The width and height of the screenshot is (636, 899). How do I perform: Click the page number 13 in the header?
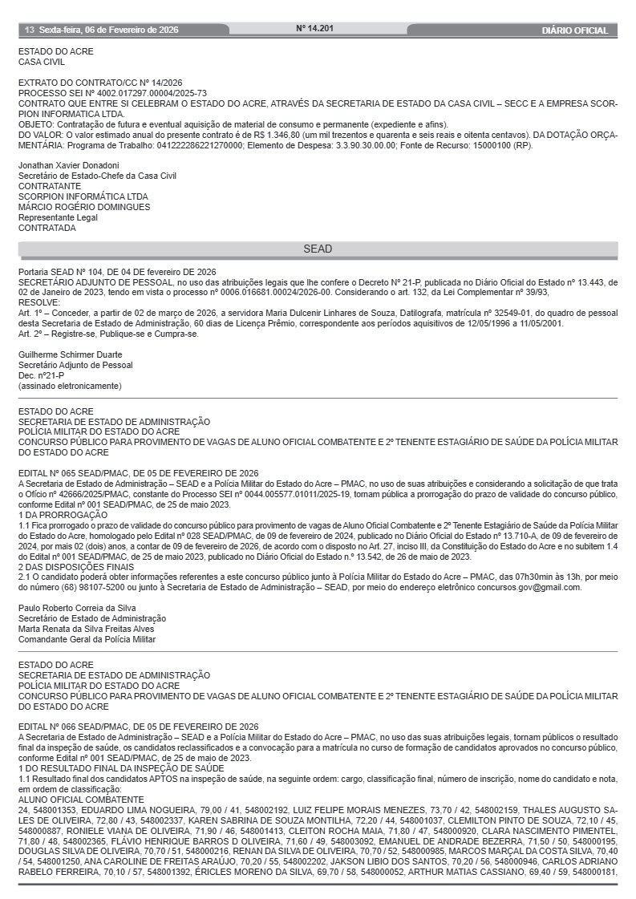29,30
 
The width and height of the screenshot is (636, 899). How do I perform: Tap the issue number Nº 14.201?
314,29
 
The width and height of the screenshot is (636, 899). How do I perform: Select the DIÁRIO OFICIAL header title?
574,30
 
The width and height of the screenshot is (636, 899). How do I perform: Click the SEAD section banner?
318,249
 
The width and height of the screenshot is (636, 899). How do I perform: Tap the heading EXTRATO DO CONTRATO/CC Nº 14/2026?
100,83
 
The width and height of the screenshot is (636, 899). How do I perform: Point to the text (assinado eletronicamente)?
70,386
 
